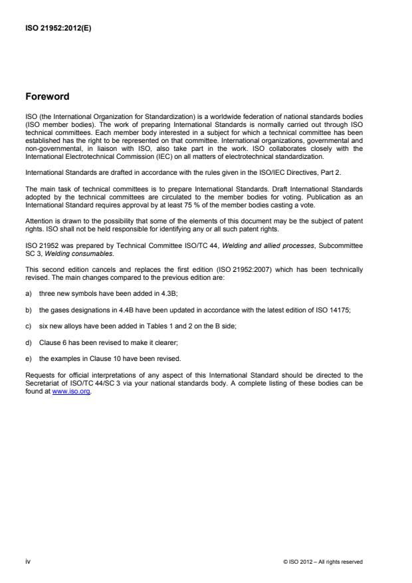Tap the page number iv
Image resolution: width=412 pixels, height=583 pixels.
(28, 562)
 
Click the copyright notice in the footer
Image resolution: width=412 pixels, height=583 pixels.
(322, 562)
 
